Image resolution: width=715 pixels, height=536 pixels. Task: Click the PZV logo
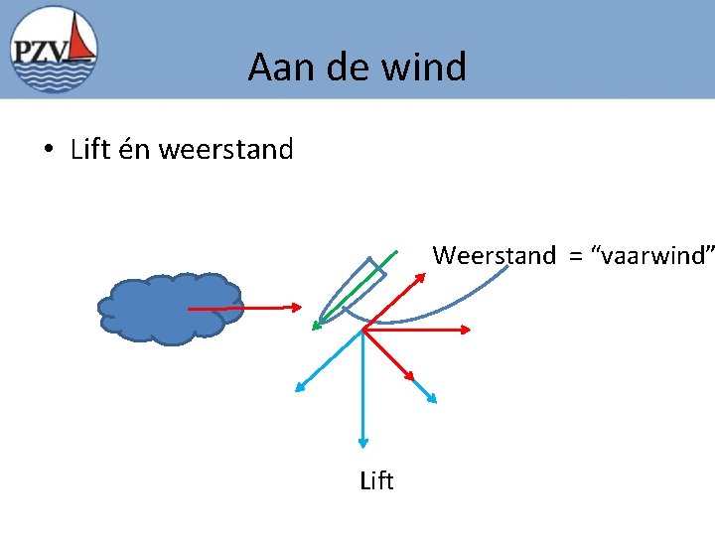[55, 50]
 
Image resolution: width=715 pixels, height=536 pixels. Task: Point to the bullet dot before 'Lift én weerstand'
[47, 151]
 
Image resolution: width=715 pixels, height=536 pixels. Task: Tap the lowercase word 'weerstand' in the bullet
[225, 150]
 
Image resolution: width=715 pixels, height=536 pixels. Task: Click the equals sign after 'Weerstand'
[574, 256]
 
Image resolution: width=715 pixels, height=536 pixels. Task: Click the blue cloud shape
[169, 308]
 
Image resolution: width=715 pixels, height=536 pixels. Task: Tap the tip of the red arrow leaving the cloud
[302, 308]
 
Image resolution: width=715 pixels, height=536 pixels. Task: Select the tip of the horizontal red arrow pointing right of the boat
[472, 330]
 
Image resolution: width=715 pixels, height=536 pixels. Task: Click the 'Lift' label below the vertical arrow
[376, 481]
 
